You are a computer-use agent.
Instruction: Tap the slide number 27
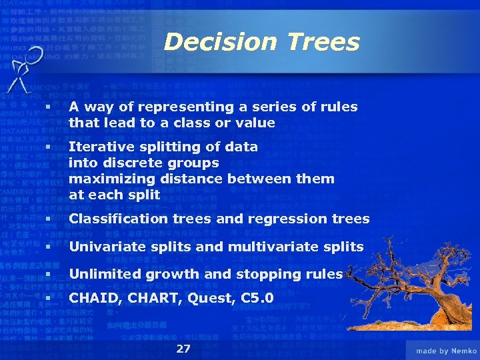click(x=183, y=349)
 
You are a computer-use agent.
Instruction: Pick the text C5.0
click(x=257, y=299)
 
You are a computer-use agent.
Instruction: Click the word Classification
click(x=116, y=219)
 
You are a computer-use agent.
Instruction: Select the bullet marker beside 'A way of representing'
click(x=48, y=107)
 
